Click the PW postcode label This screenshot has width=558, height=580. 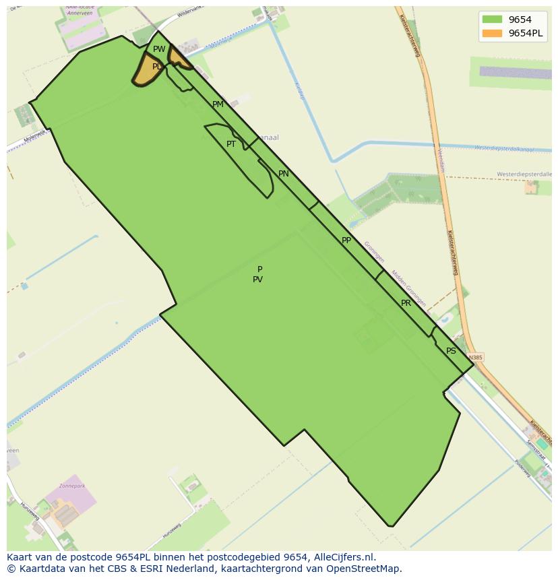coord(159,49)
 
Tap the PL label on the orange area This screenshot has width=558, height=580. coord(156,67)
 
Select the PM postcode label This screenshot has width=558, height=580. coord(218,104)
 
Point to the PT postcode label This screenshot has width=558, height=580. coord(231,144)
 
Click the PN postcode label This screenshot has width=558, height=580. coord(284,174)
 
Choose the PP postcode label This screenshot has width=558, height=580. coord(346,240)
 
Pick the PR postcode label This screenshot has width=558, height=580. coord(406,303)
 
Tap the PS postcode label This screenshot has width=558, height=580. coord(451,351)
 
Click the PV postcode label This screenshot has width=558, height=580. coord(257,280)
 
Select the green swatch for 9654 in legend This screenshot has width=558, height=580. coord(492,20)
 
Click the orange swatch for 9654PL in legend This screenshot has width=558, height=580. coord(492,33)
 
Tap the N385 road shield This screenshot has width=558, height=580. coord(476,357)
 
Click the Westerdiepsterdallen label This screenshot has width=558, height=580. coord(524,174)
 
